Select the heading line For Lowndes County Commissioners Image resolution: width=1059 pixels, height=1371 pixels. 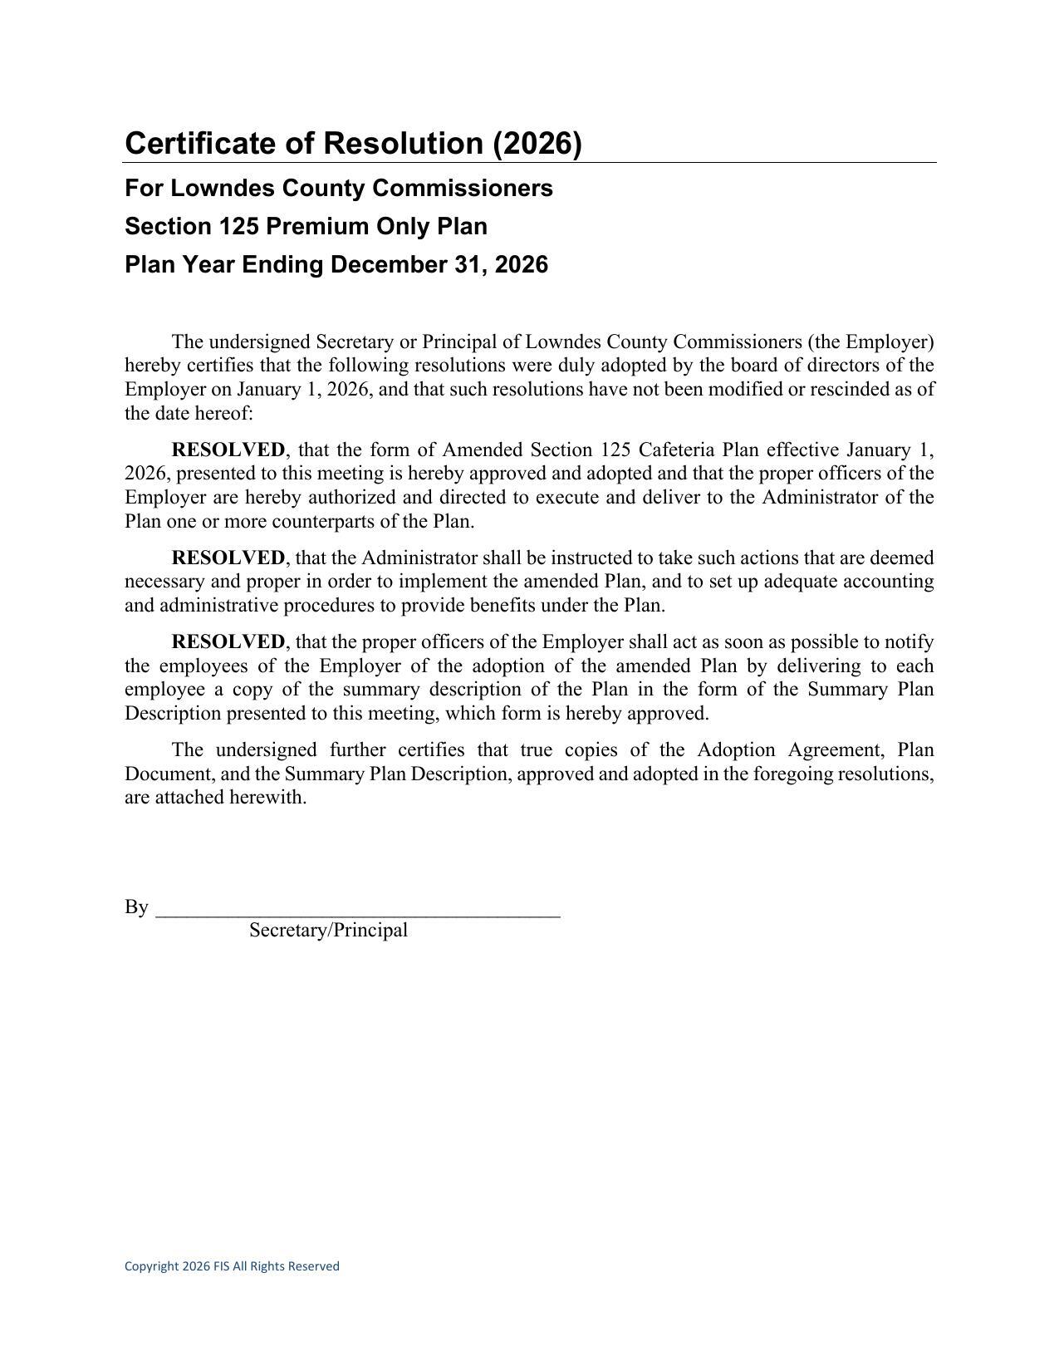(338, 189)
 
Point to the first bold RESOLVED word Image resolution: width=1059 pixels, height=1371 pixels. (228, 450)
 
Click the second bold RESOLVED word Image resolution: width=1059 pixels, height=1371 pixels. (228, 558)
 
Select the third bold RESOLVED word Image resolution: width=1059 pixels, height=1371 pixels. (228, 642)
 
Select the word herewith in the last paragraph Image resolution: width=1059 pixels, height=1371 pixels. (267, 798)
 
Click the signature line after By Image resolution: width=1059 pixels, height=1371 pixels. (357, 911)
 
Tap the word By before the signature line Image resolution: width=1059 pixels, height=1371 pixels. (136, 907)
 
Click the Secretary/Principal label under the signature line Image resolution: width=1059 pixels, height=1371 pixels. (328, 931)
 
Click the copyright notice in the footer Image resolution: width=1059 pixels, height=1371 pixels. (232, 1266)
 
